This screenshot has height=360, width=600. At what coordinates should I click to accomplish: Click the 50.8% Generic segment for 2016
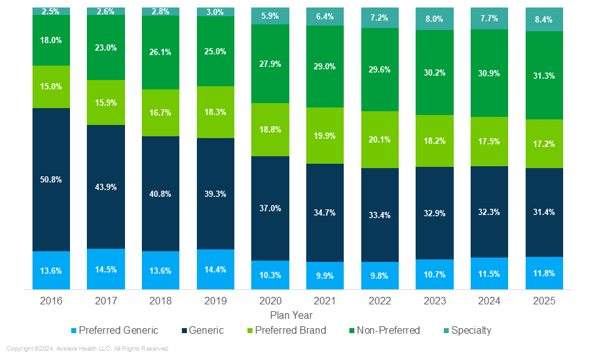[51, 179]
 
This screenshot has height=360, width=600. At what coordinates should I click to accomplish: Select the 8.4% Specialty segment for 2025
[544, 19]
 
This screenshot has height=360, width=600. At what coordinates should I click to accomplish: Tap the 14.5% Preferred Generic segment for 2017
[106, 269]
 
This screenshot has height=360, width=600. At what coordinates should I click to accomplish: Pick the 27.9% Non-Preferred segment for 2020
[270, 64]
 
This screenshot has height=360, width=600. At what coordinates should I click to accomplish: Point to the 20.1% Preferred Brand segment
[379, 139]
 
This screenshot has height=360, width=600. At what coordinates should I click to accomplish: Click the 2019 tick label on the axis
[215, 301]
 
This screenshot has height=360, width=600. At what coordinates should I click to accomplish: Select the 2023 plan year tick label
[434, 301]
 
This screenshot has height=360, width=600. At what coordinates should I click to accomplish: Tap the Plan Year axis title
[291, 316]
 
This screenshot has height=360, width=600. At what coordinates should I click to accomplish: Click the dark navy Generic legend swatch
[186, 331]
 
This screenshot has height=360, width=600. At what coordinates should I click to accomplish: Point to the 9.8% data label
[379, 275]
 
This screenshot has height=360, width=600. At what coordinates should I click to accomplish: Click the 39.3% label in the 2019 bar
[215, 194]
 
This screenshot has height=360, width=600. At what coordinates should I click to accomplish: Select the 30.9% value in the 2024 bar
[489, 73]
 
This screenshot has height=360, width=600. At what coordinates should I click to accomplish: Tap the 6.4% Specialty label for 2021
[324, 17]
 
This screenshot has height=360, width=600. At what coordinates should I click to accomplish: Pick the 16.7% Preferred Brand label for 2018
[161, 113]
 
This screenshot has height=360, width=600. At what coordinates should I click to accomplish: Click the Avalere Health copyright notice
[88, 349]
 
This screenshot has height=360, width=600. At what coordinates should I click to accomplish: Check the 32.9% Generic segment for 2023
[434, 213]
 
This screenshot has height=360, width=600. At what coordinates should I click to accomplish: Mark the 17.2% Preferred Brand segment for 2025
[544, 144]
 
